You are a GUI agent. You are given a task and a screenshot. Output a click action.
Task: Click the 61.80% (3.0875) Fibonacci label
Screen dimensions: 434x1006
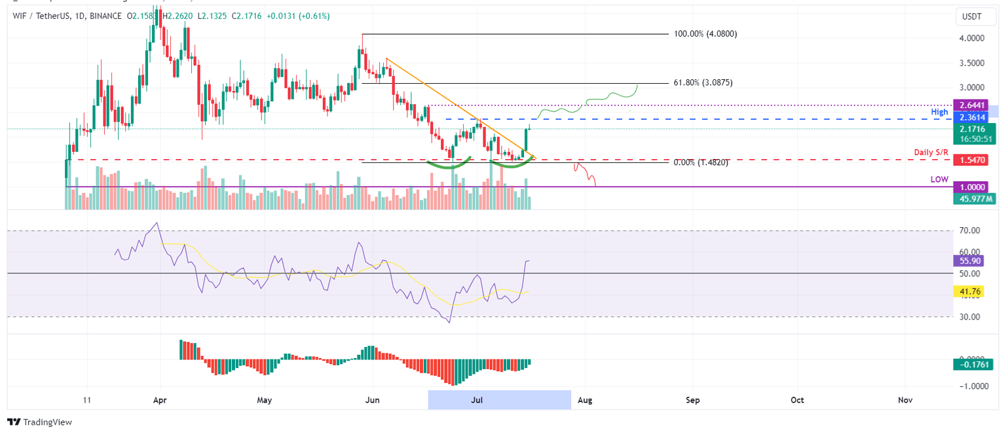(x=702, y=83)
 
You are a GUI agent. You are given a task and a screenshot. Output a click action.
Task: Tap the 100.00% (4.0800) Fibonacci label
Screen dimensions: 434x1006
(x=705, y=33)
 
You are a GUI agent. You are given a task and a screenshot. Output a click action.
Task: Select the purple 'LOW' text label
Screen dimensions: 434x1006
(x=939, y=179)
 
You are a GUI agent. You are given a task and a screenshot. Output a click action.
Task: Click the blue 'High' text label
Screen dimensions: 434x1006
(x=940, y=113)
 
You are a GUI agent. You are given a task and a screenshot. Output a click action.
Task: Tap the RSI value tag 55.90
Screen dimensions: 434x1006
(x=969, y=261)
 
